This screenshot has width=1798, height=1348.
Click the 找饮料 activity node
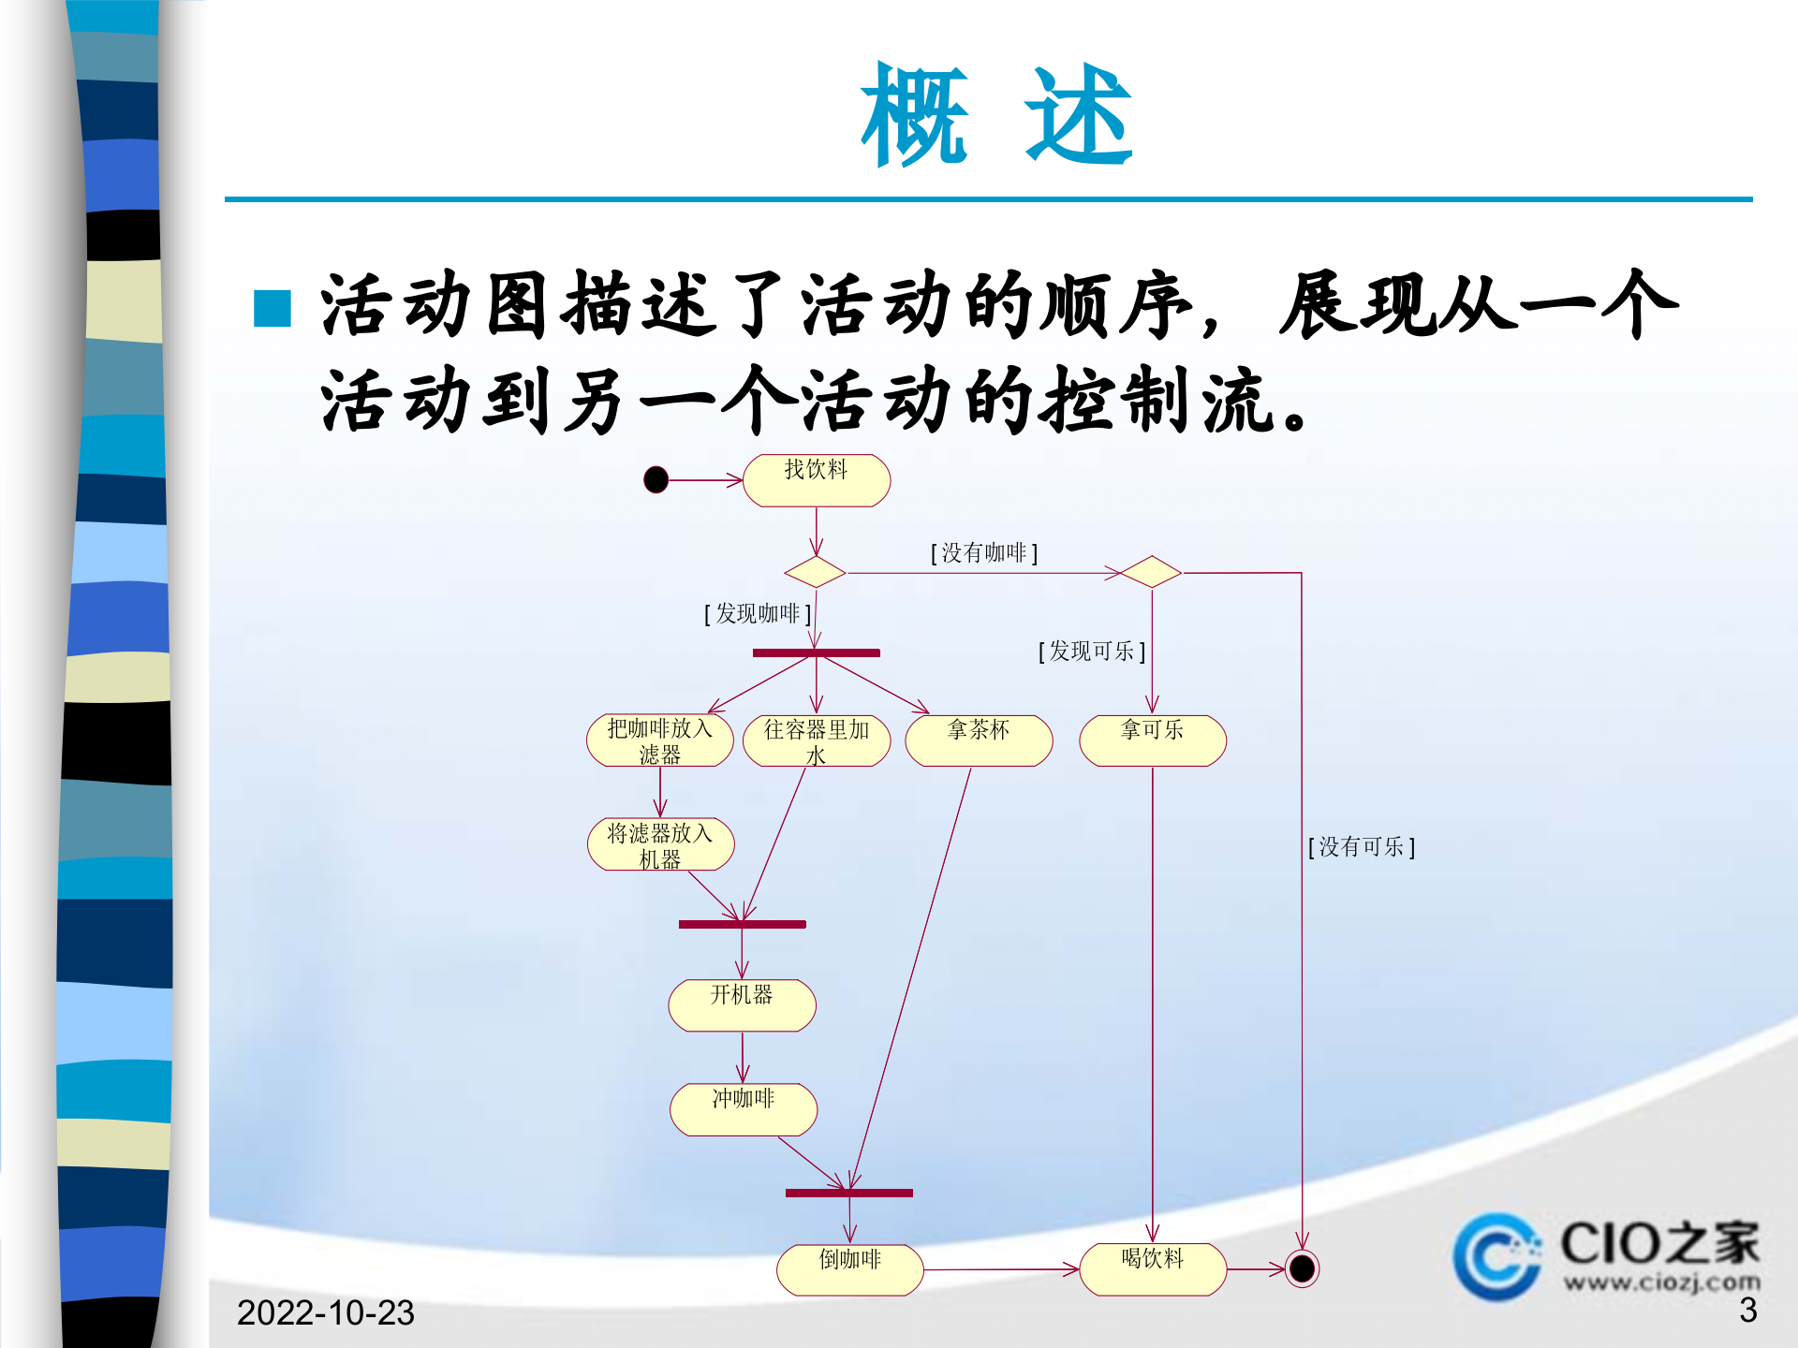[816, 480]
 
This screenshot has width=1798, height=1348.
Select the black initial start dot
[656, 480]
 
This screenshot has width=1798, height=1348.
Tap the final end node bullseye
[1302, 1268]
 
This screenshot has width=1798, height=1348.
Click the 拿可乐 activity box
[1152, 740]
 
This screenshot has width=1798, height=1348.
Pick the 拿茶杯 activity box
[979, 740]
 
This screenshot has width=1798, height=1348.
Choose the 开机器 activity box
[742, 1004]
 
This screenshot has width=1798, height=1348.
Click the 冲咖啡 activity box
[744, 1109]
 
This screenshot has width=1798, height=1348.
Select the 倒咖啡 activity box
[850, 1269]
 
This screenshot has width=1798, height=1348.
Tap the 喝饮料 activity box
[1153, 1268]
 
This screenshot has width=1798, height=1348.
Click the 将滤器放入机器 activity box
[660, 844]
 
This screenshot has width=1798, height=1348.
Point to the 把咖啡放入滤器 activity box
[660, 740]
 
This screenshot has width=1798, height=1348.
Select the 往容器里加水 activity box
[816, 740]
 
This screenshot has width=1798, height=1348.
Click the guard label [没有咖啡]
[984, 553]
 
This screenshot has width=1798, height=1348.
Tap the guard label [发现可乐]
[1092, 652]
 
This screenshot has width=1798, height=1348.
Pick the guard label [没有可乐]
[1362, 847]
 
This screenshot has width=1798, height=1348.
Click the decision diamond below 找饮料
[815, 572]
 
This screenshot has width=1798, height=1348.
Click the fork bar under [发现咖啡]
[816, 652]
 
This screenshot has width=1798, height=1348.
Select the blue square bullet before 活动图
[273, 309]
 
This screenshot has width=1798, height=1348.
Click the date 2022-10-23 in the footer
[325, 1312]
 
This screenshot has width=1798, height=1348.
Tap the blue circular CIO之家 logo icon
[1496, 1256]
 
